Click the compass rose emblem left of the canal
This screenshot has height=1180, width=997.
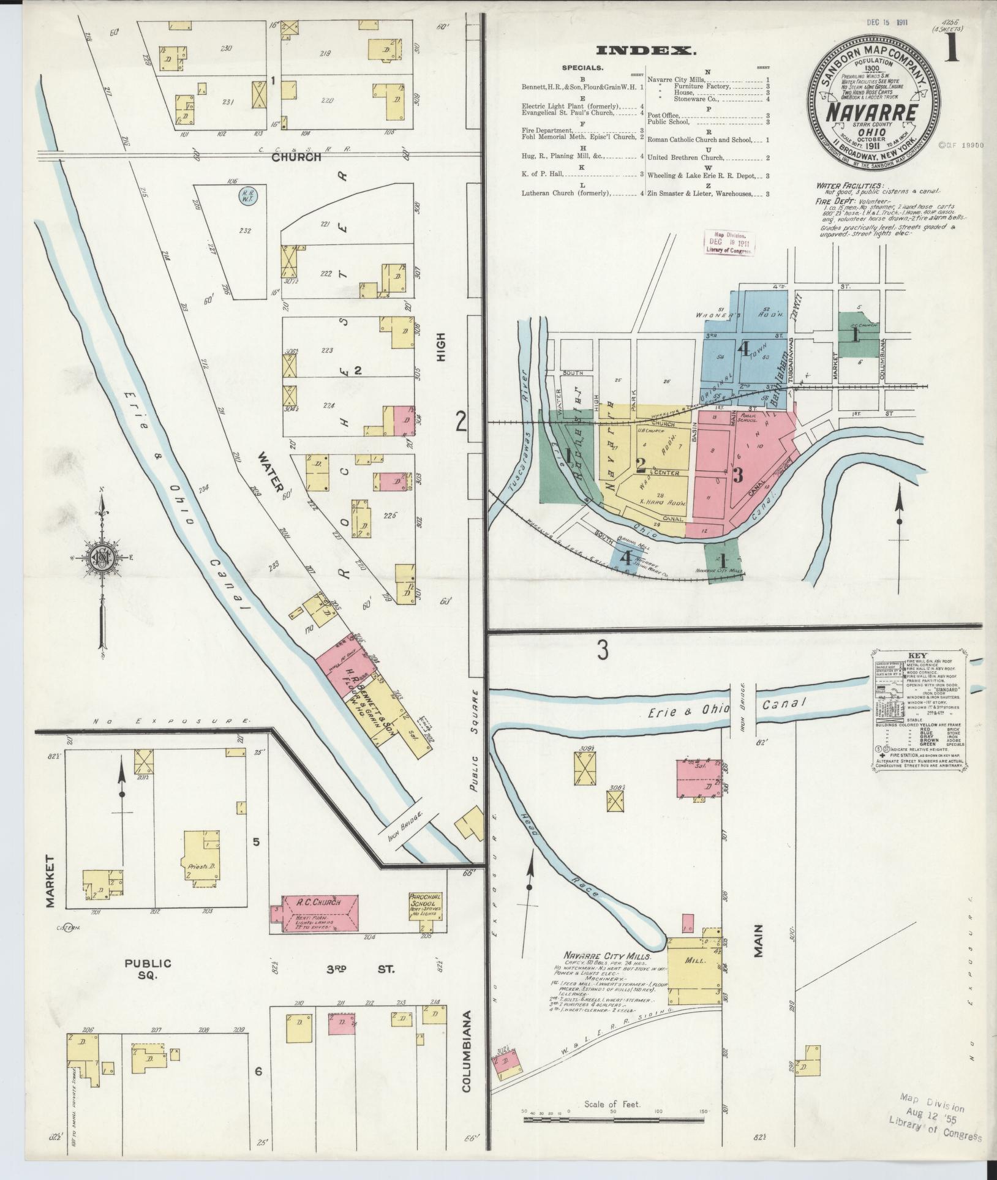click(x=102, y=558)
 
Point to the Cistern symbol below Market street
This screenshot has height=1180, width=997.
click(x=67, y=945)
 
